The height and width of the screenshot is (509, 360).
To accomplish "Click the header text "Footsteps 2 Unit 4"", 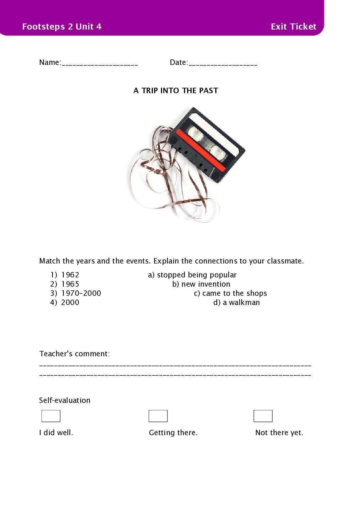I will pos(62,27).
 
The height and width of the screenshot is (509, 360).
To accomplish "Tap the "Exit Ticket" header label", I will pos(293,27).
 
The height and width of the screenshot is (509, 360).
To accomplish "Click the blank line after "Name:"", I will pos(100,63).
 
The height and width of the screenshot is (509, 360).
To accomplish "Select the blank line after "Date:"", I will pos(223,63).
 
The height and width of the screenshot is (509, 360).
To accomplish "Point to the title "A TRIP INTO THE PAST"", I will pos(176,90).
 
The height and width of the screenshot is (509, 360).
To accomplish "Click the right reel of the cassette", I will pos(218,152).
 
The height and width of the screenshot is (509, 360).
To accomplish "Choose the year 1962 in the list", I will pos(70,275).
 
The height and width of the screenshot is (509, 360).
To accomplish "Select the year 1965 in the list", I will pos(70,284).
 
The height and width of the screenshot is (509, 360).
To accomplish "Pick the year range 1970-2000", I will pos(81,293).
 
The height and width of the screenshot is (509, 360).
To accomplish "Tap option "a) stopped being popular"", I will pos(192,275).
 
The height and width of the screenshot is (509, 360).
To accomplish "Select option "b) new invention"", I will pos(201,284).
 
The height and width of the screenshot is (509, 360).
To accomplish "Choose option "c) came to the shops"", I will pos(230,293).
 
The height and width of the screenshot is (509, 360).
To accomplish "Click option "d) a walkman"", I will pos(236,302).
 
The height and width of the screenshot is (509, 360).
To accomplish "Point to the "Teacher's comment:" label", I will pos(75,354).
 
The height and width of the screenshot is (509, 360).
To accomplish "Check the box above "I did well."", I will pos(51,416).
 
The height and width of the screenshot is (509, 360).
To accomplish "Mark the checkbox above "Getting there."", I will pos(158,416).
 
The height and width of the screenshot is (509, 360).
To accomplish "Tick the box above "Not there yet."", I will pos(263,416).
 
